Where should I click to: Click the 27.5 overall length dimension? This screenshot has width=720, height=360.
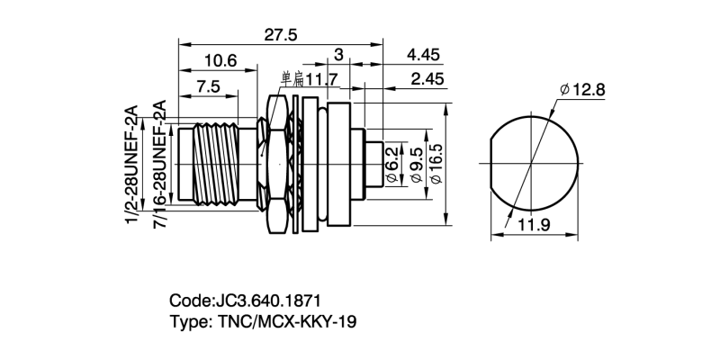[x=280, y=34]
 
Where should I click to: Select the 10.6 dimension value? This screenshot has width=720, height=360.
[x=220, y=61]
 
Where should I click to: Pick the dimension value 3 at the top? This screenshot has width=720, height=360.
[x=338, y=55]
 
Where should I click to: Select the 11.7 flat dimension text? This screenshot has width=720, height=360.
[x=320, y=80]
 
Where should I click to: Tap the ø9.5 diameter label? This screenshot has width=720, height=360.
[x=415, y=164]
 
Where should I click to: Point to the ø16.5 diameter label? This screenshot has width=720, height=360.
[x=436, y=164]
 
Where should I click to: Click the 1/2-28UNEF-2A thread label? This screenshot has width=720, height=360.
[x=131, y=166]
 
